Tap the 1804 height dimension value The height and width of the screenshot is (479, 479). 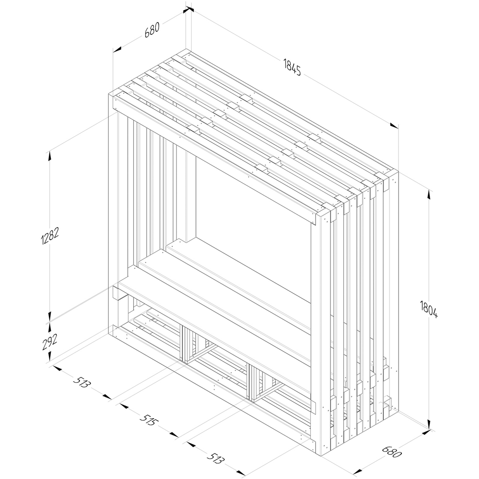[429, 309]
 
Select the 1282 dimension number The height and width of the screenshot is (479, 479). [49, 236]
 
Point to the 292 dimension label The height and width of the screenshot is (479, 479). [50, 342]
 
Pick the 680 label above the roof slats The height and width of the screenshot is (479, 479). [152, 30]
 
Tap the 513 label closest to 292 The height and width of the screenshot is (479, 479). [82, 382]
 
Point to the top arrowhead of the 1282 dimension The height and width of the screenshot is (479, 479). [49, 156]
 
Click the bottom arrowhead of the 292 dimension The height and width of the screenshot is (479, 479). [49, 356]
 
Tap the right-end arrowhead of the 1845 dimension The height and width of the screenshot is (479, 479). [394, 125]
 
